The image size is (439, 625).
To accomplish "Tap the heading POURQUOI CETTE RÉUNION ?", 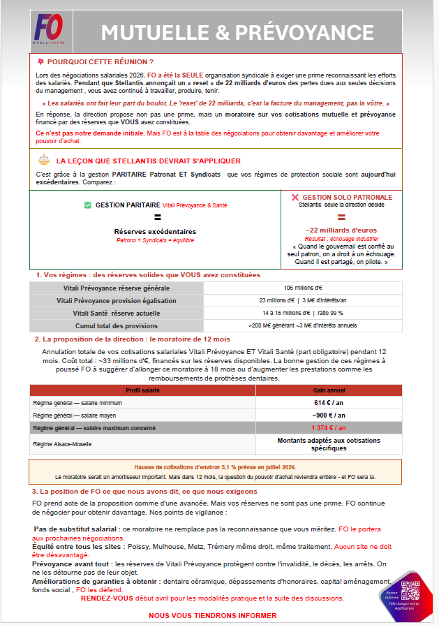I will click(100, 62).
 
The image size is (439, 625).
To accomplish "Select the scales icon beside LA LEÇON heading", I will click(43, 160).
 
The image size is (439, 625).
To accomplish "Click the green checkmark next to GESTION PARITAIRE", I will click(87, 205).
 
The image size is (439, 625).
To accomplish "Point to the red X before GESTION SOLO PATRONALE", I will click(295, 198).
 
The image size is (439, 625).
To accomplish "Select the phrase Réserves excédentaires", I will click(155, 231).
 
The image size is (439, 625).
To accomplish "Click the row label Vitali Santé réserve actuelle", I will click(116, 313).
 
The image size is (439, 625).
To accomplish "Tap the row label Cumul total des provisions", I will click(116, 325).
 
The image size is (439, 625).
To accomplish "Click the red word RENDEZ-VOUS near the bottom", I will click(106, 598).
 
